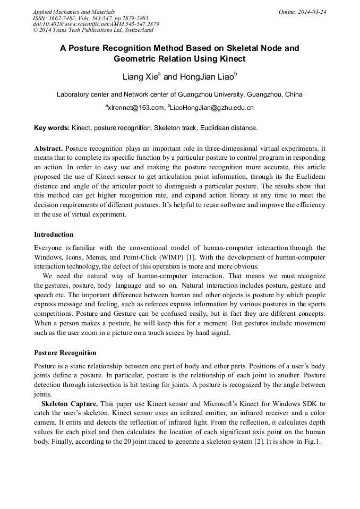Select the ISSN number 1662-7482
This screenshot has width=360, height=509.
click(x=60, y=18)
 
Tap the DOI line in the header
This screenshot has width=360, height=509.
click(x=96, y=24)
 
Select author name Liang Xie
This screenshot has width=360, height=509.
click(x=140, y=77)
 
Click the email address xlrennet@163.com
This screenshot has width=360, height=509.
click(x=135, y=108)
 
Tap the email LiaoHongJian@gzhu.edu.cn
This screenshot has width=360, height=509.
click(x=212, y=108)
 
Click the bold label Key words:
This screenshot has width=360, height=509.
click(x=52, y=128)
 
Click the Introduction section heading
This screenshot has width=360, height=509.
click(x=54, y=235)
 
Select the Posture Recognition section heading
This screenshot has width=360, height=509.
click(x=65, y=353)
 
